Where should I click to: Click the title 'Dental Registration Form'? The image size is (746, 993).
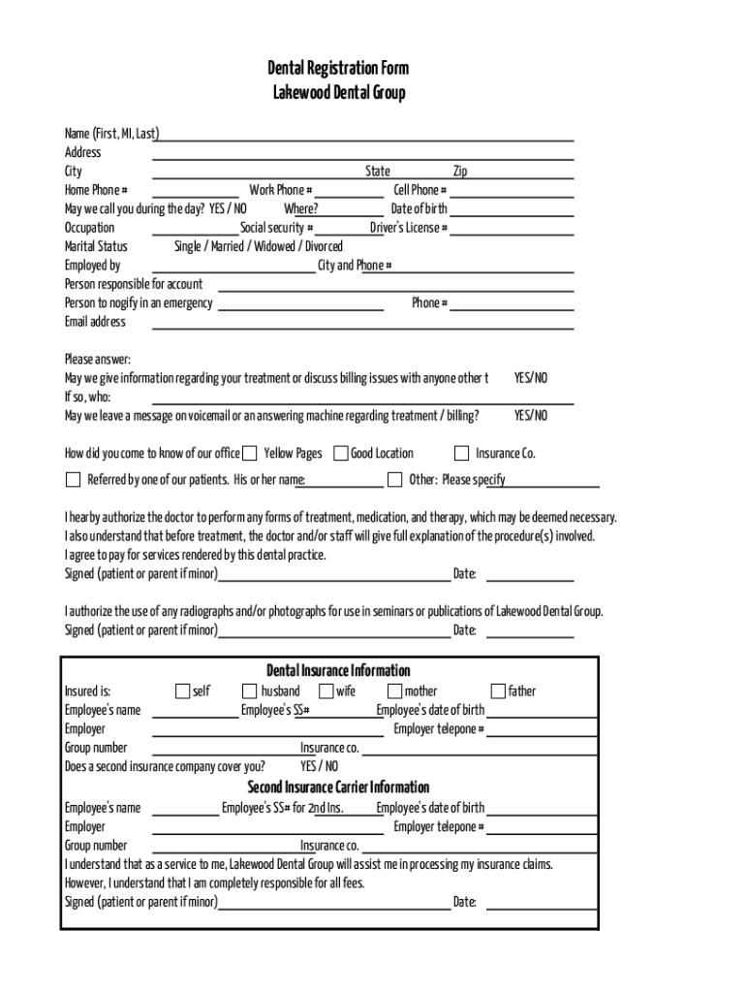(x=338, y=68)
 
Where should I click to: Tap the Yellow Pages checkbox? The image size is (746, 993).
(x=250, y=453)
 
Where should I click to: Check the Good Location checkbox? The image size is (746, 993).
(x=341, y=453)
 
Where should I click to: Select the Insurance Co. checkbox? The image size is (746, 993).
(x=462, y=453)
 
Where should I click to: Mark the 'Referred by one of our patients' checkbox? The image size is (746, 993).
(x=73, y=479)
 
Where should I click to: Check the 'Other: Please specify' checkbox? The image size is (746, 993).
(x=395, y=479)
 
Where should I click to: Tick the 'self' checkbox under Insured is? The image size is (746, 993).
(x=182, y=691)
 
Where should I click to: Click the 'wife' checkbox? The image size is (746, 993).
(x=326, y=691)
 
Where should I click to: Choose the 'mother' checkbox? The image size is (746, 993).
(x=395, y=691)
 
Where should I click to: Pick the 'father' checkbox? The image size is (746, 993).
(x=498, y=691)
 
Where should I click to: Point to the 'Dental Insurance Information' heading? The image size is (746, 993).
(x=338, y=671)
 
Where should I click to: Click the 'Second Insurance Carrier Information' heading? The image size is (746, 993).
(x=338, y=787)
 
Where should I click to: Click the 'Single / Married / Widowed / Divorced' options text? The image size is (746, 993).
(x=259, y=246)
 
